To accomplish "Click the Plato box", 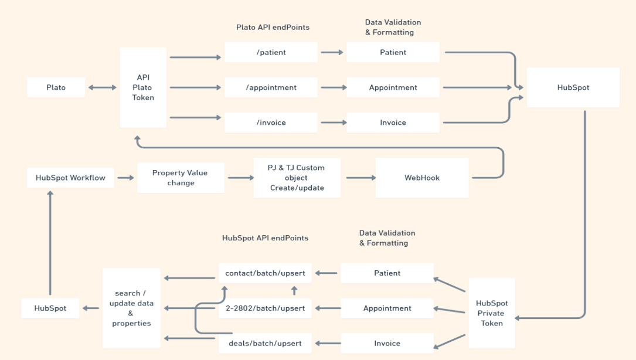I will [x=56, y=87].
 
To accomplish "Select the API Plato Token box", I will [x=143, y=87].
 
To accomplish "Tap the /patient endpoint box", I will [x=271, y=52].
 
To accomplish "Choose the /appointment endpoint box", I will [x=271, y=87].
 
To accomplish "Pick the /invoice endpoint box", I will [x=271, y=123].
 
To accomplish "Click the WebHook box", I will [x=422, y=178].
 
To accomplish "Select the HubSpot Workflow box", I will [x=70, y=178].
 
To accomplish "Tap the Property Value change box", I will [x=181, y=178].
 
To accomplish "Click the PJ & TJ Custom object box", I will [x=297, y=178].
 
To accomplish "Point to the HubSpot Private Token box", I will [x=491, y=313].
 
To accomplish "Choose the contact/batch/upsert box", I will [x=265, y=273].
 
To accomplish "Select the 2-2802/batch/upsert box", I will [x=265, y=308].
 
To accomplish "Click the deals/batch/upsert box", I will [x=265, y=343].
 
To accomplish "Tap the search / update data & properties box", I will [x=131, y=308].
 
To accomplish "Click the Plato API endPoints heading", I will [x=273, y=27].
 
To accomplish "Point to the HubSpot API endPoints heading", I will [x=265, y=238].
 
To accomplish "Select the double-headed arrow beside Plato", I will [x=102, y=87].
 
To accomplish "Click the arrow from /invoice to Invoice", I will [x=332, y=123].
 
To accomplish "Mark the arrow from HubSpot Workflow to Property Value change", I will [x=125, y=178].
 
